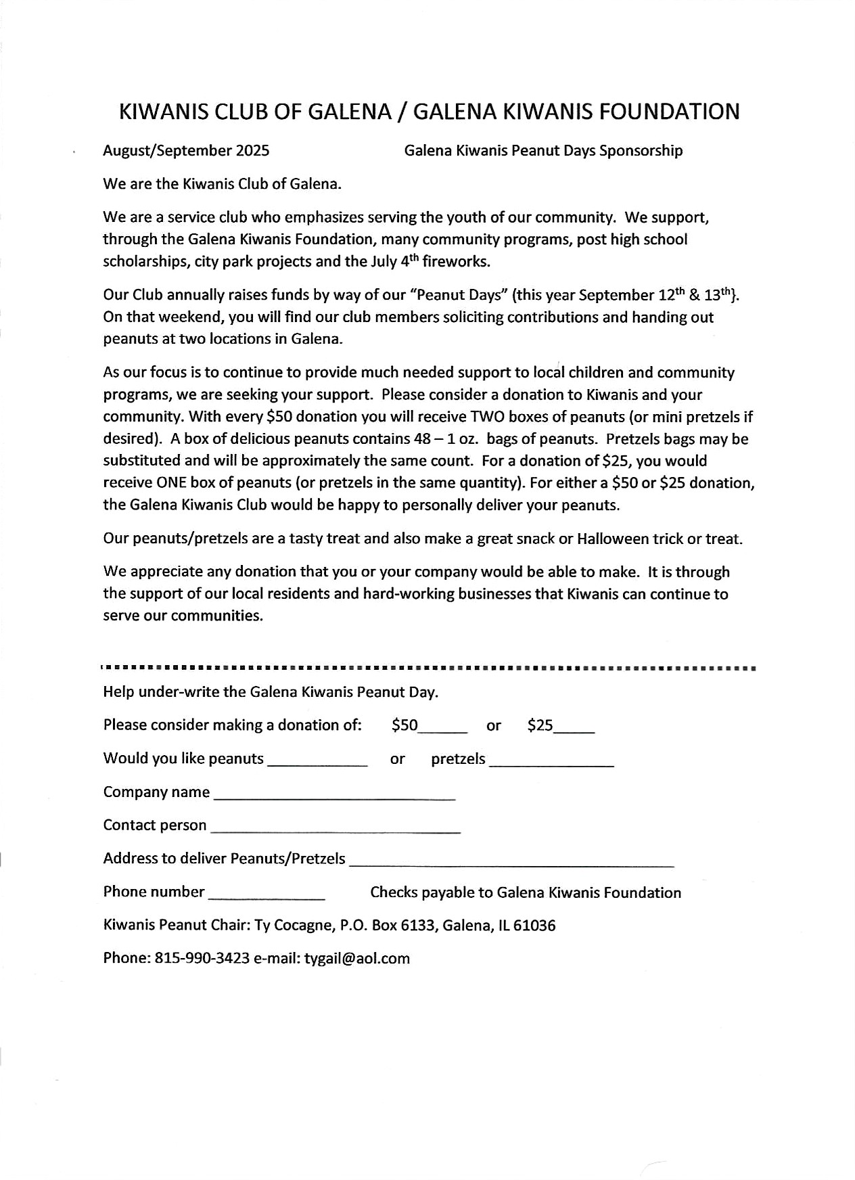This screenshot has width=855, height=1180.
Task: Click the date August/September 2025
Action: pyautogui.click(x=186, y=151)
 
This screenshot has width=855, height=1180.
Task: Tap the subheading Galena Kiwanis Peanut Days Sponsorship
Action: pyautogui.click(x=543, y=151)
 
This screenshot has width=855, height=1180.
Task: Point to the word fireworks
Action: pyautogui.click(x=455, y=262)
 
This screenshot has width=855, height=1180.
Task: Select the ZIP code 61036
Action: pyautogui.click(x=534, y=926)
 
